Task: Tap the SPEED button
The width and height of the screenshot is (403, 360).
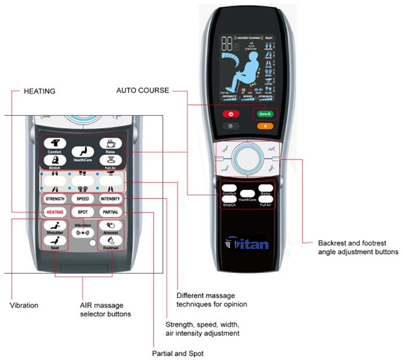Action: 83,199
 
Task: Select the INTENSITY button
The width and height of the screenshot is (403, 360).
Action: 111,199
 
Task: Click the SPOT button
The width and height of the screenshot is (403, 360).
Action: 83,212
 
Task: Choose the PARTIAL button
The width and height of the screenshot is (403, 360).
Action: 111,212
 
